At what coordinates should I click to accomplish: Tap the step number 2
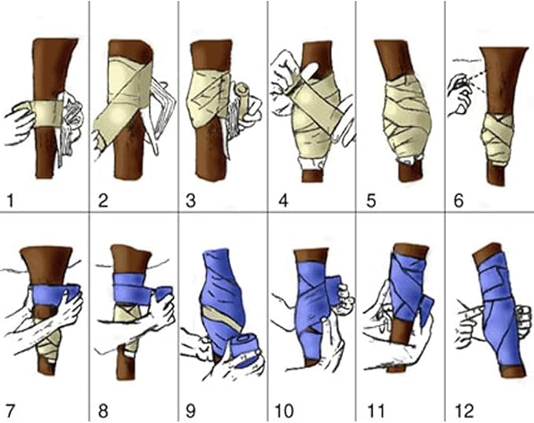(x=102, y=200)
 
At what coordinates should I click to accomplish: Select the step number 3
(x=190, y=200)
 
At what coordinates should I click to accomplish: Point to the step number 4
(x=280, y=200)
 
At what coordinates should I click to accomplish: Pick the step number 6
(x=458, y=200)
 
